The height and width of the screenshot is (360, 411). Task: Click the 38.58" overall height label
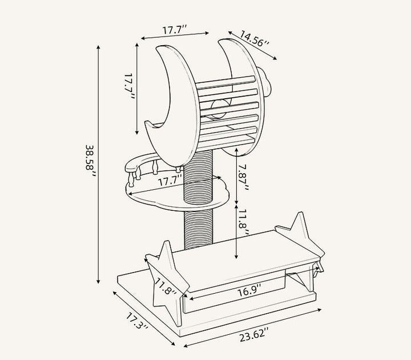tap(90, 161)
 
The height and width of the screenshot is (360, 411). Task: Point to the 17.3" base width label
tap(137, 321)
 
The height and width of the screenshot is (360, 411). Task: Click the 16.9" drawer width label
tap(249, 291)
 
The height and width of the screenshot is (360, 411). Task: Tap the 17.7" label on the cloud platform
tap(170, 180)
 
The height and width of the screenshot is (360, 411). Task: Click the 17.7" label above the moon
tap(175, 29)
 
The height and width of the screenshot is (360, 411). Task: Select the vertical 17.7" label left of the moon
tap(129, 87)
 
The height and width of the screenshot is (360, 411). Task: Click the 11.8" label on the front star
tap(166, 287)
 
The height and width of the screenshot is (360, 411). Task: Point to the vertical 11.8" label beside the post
tap(243, 222)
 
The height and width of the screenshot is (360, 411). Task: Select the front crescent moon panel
tap(173, 105)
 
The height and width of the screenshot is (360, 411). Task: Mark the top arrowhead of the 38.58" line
tap(98, 47)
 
